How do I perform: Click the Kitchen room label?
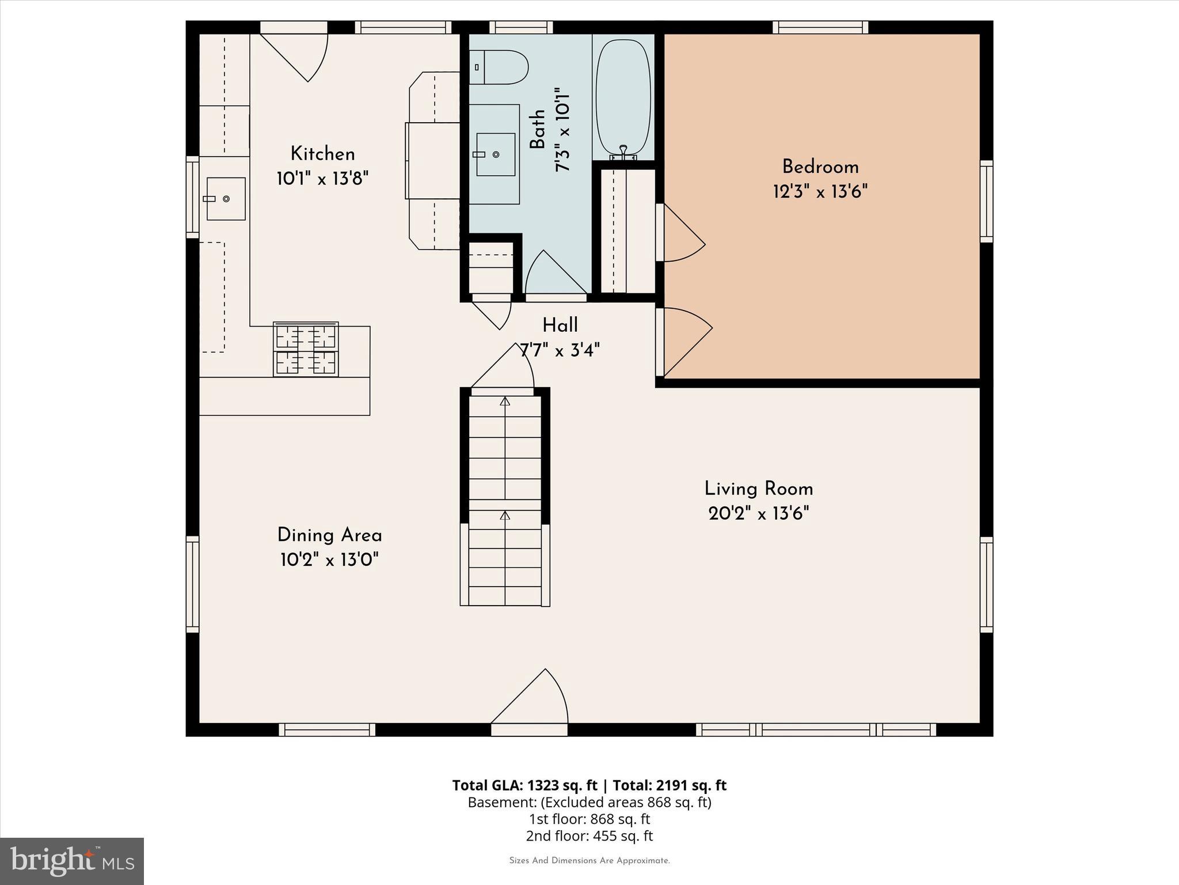coord(322,154)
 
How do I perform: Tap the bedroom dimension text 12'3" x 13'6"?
coord(820,191)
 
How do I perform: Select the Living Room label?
coord(758,489)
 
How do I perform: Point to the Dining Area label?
coord(329,535)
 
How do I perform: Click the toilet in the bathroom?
coord(499,67)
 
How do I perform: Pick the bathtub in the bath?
coord(623,98)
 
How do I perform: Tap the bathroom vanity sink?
coord(496,154)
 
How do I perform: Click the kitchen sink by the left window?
coord(226,199)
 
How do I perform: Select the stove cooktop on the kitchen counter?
coord(306,349)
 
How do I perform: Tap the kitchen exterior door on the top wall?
coord(299,55)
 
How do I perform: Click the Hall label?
coord(560,326)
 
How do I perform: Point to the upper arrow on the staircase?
coord(505,402)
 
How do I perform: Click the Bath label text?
coord(537,130)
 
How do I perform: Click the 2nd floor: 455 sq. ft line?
coord(589,836)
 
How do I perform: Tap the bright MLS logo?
coord(72,861)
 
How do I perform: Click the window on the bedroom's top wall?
coord(820,27)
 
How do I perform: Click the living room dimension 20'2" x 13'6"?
coord(758,513)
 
